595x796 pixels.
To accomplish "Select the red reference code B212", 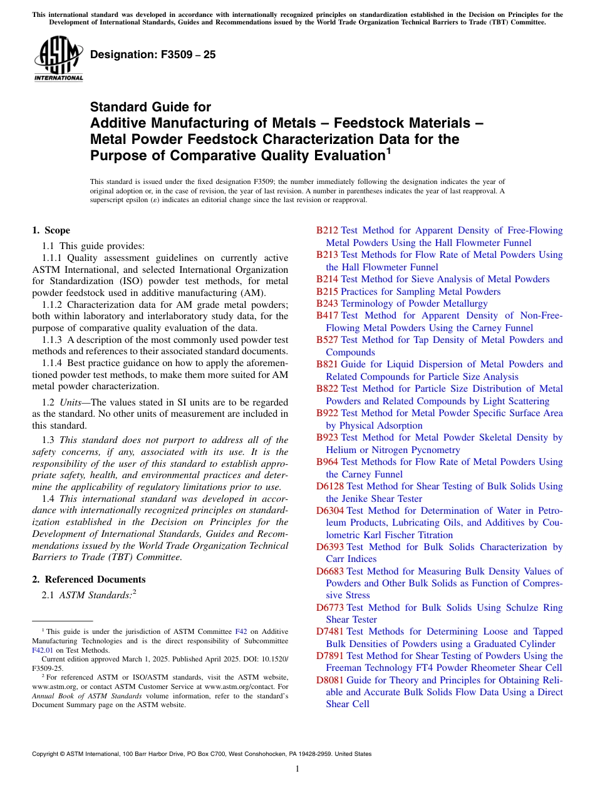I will coord(327,230).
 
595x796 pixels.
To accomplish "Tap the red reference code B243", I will coord(327,304).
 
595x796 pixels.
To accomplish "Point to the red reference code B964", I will coord(327,462).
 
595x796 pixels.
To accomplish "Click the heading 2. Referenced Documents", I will coord(88,579).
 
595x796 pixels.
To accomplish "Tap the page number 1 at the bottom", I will coord(297,768).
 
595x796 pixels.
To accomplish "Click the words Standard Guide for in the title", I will coord(150,107).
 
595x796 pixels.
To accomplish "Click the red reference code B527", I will coord(327,340).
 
